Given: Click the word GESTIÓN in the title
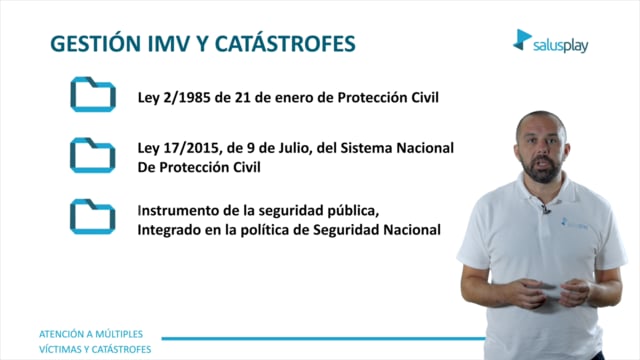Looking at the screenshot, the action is tap(95, 43).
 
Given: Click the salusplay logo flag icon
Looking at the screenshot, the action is tap(522, 40).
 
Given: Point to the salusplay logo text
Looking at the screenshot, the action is tap(560, 46).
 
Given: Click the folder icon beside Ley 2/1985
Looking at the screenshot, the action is tap(93, 94).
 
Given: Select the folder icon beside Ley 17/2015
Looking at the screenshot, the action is tap(93, 155).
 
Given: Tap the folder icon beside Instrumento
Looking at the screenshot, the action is tap(93, 216).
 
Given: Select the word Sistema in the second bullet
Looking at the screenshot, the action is tap(366, 148).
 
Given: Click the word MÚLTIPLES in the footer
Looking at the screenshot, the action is tap(118, 334).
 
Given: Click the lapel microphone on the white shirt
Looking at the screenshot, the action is tap(546, 209).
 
